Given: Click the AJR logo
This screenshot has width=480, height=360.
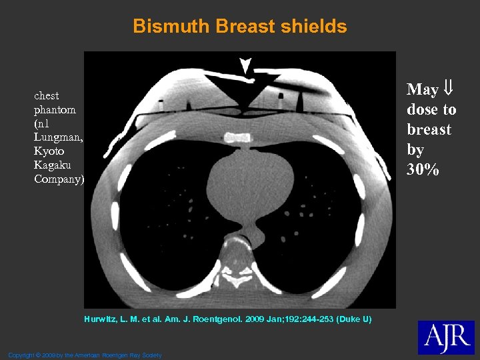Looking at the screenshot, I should pyautogui.click(x=446, y=338).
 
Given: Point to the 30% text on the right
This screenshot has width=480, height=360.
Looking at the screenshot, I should pyautogui.click(x=423, y=170).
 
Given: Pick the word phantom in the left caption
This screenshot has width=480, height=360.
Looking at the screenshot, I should pyautogui.click(x=55, y=109).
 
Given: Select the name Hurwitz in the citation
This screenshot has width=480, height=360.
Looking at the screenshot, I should pyautogui.click(x=103, y=320).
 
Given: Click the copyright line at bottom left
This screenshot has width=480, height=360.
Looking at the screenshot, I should pyautogui.click(x=85, y=355).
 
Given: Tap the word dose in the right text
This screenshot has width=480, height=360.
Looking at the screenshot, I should pyautogui.click(x=422, y=109).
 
